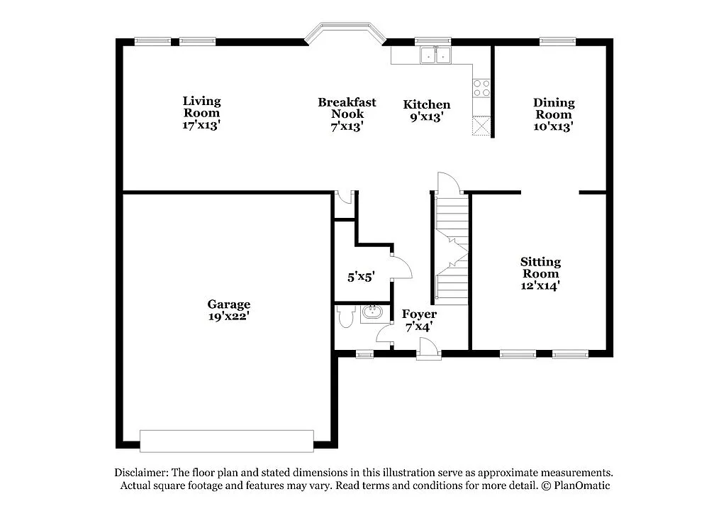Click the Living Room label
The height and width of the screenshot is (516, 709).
tap(201, 106)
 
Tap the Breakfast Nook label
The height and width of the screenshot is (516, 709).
tap(347, 108)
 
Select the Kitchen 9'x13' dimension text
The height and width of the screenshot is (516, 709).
tap(427, 117)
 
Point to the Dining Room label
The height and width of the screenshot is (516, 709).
tap(553, 109)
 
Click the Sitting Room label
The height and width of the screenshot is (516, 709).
tap(540, 268)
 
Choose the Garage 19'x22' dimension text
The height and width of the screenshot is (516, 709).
tap(228, 317)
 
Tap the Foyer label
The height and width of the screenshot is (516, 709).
tap(419, 314)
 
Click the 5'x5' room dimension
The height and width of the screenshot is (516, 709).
tap(360, 278)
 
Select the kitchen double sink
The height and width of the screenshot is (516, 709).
tap(435, 55)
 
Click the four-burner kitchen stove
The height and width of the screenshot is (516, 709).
tap(481, 88)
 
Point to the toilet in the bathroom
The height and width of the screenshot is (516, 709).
tap(346, 317)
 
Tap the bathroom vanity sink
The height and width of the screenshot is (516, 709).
tap(372, 312)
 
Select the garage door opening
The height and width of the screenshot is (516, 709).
tap(226, 441)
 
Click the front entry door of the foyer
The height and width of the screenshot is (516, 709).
tap(428, 348)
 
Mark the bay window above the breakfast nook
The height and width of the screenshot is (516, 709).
tap(345, 31)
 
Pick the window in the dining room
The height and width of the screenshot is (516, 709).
tap(557, 41)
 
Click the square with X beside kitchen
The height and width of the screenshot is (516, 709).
tap(481, 126)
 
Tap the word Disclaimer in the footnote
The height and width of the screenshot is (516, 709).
tap(139, 473)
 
